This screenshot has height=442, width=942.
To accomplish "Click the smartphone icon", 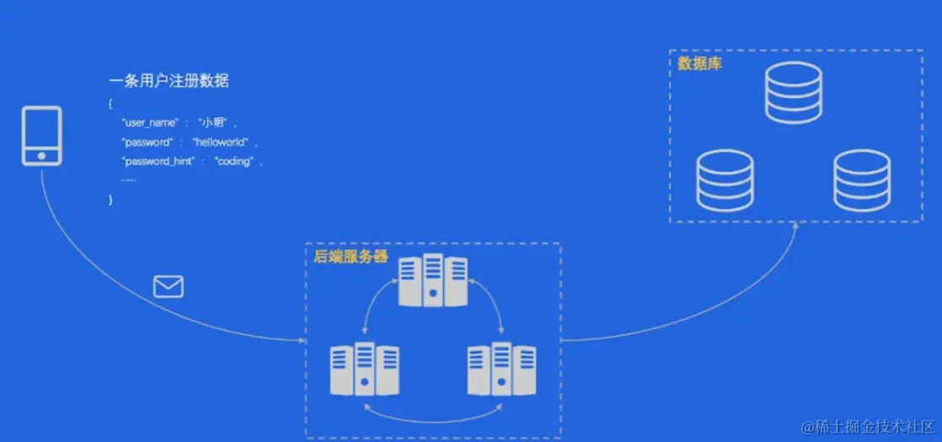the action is (41, 136).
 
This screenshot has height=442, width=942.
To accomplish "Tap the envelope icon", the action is (168, 287).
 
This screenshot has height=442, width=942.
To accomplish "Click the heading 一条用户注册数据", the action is (169, 82).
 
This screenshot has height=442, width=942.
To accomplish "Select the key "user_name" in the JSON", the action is (150, 123).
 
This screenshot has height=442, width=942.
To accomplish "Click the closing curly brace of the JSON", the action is (110, 200).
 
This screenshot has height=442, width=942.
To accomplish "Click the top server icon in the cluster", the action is (433, 280).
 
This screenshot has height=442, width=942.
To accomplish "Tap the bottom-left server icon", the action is (364, 369).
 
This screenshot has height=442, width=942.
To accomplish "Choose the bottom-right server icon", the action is (501, 369).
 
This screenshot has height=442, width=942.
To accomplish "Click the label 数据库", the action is (699, 63).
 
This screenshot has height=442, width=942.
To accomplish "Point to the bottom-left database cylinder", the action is (725, 181).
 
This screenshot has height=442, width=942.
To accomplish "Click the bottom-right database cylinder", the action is (861, 181).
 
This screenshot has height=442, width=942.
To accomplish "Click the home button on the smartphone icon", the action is (41, 155).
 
